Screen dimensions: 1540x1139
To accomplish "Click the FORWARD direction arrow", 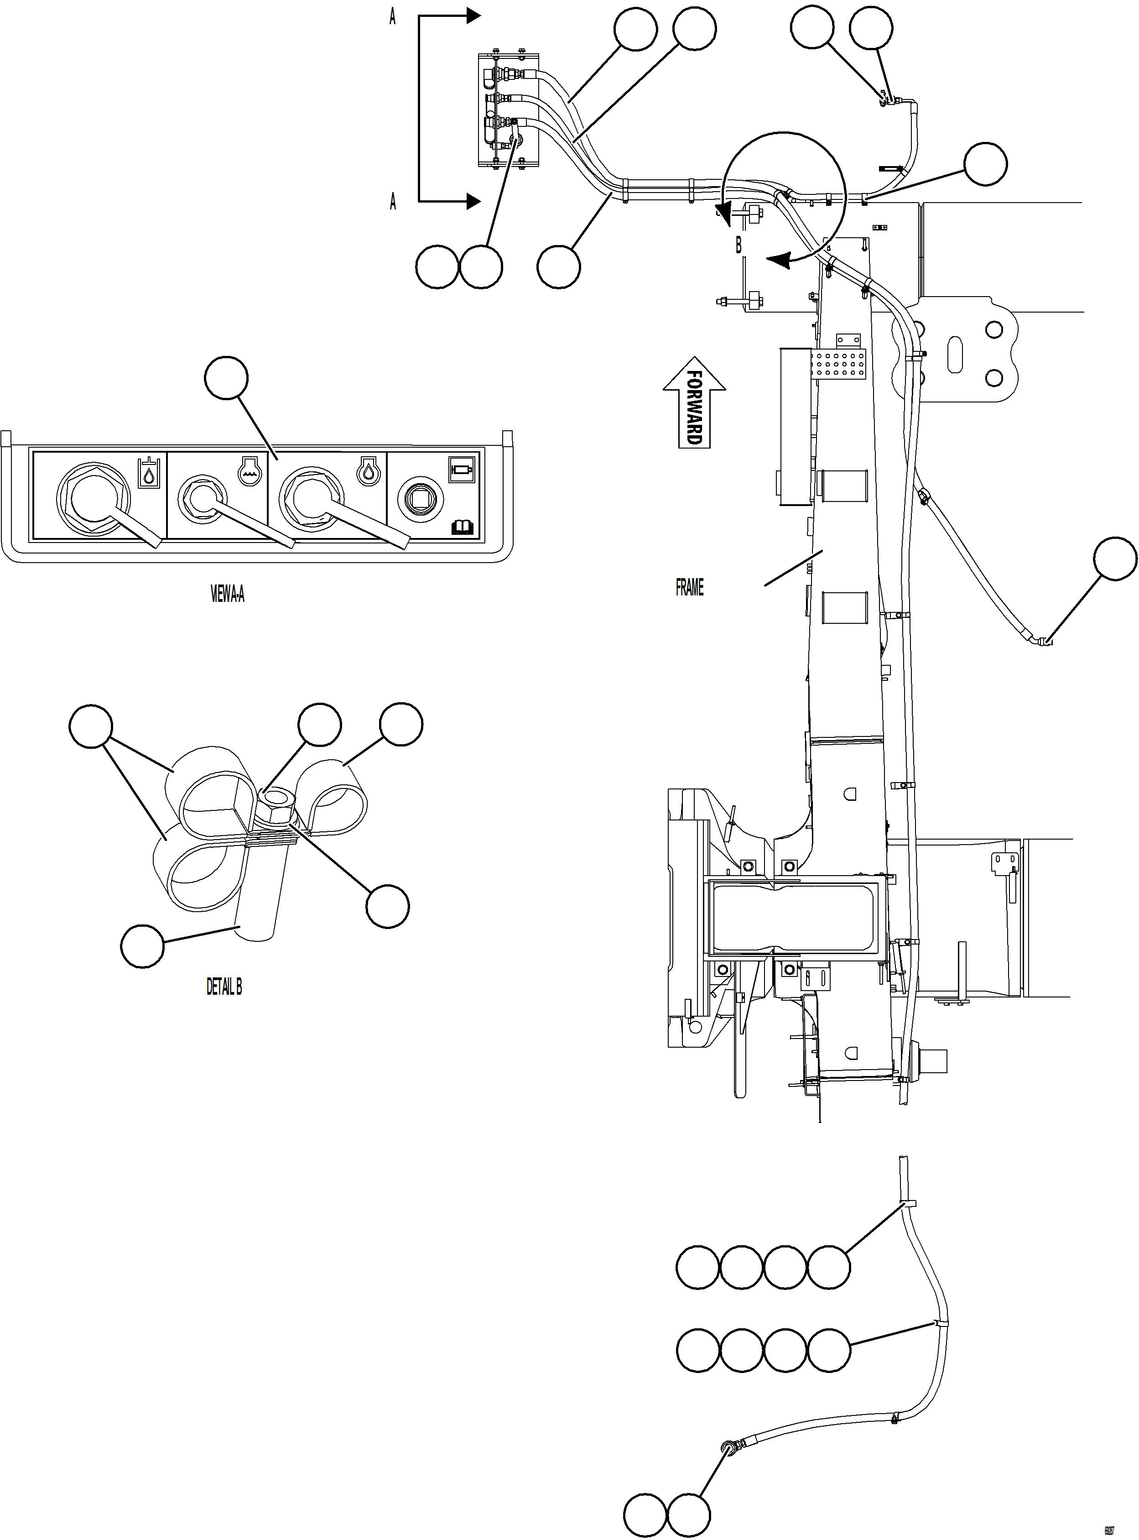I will tap(694, 403).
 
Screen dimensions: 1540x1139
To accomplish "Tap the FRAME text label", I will tap(690, 588).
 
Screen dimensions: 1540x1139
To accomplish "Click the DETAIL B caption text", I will tap(224, 987).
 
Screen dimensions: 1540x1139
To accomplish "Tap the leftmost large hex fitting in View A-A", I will tap(93, 496).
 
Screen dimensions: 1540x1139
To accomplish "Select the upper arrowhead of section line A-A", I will tap(473, 15).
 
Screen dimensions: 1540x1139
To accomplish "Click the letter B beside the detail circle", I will tap(739, 245).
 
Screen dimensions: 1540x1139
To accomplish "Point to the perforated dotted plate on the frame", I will tap(838, 364).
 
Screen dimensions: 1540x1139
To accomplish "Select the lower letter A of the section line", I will tap(393, 201).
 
